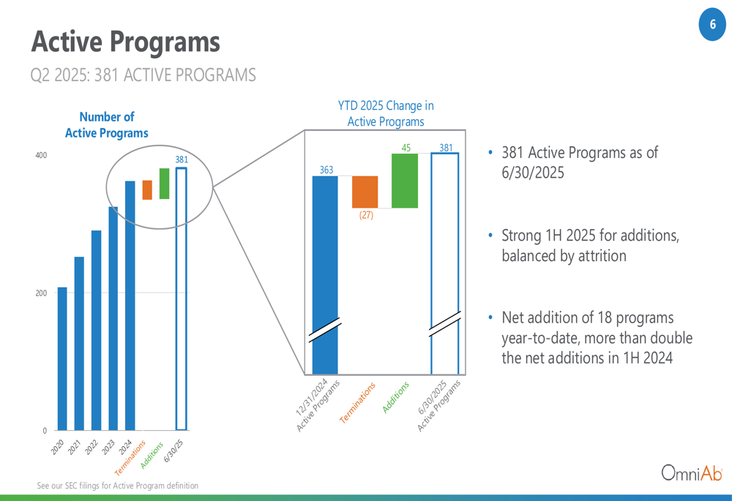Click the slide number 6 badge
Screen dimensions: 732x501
(x=712, y=24)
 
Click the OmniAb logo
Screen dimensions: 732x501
(x=692, y=472)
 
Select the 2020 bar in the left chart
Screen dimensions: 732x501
(x=62, y=358)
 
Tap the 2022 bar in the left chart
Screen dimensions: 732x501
(x=96, y=331)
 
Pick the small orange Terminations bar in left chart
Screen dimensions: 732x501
(x=147, y=190)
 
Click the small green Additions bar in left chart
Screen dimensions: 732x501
(x=164, y=184)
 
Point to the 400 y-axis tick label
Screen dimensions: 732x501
(x=41, y=155)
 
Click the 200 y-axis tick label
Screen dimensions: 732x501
(x=41, y=293)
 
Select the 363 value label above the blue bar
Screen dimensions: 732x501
(x=326, y=170)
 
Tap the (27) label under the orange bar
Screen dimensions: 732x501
(x=366, y=215)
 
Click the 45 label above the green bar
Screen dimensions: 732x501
(x=406, y=148)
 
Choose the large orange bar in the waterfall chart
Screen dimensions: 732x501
(x=365, y=192)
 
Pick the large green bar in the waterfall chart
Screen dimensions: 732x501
(x=405, y=181)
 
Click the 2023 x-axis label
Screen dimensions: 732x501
(x=108, y=447)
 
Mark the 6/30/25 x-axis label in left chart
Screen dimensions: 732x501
(x=173, y=451)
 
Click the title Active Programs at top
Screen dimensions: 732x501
(x=126, y=42)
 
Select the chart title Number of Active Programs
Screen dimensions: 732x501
(x=106, y=125)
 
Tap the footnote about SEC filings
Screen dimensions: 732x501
(x=118, y=486)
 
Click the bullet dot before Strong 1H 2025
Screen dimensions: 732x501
(x=490, y=236)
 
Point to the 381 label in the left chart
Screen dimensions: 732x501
(x=182, y=159)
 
